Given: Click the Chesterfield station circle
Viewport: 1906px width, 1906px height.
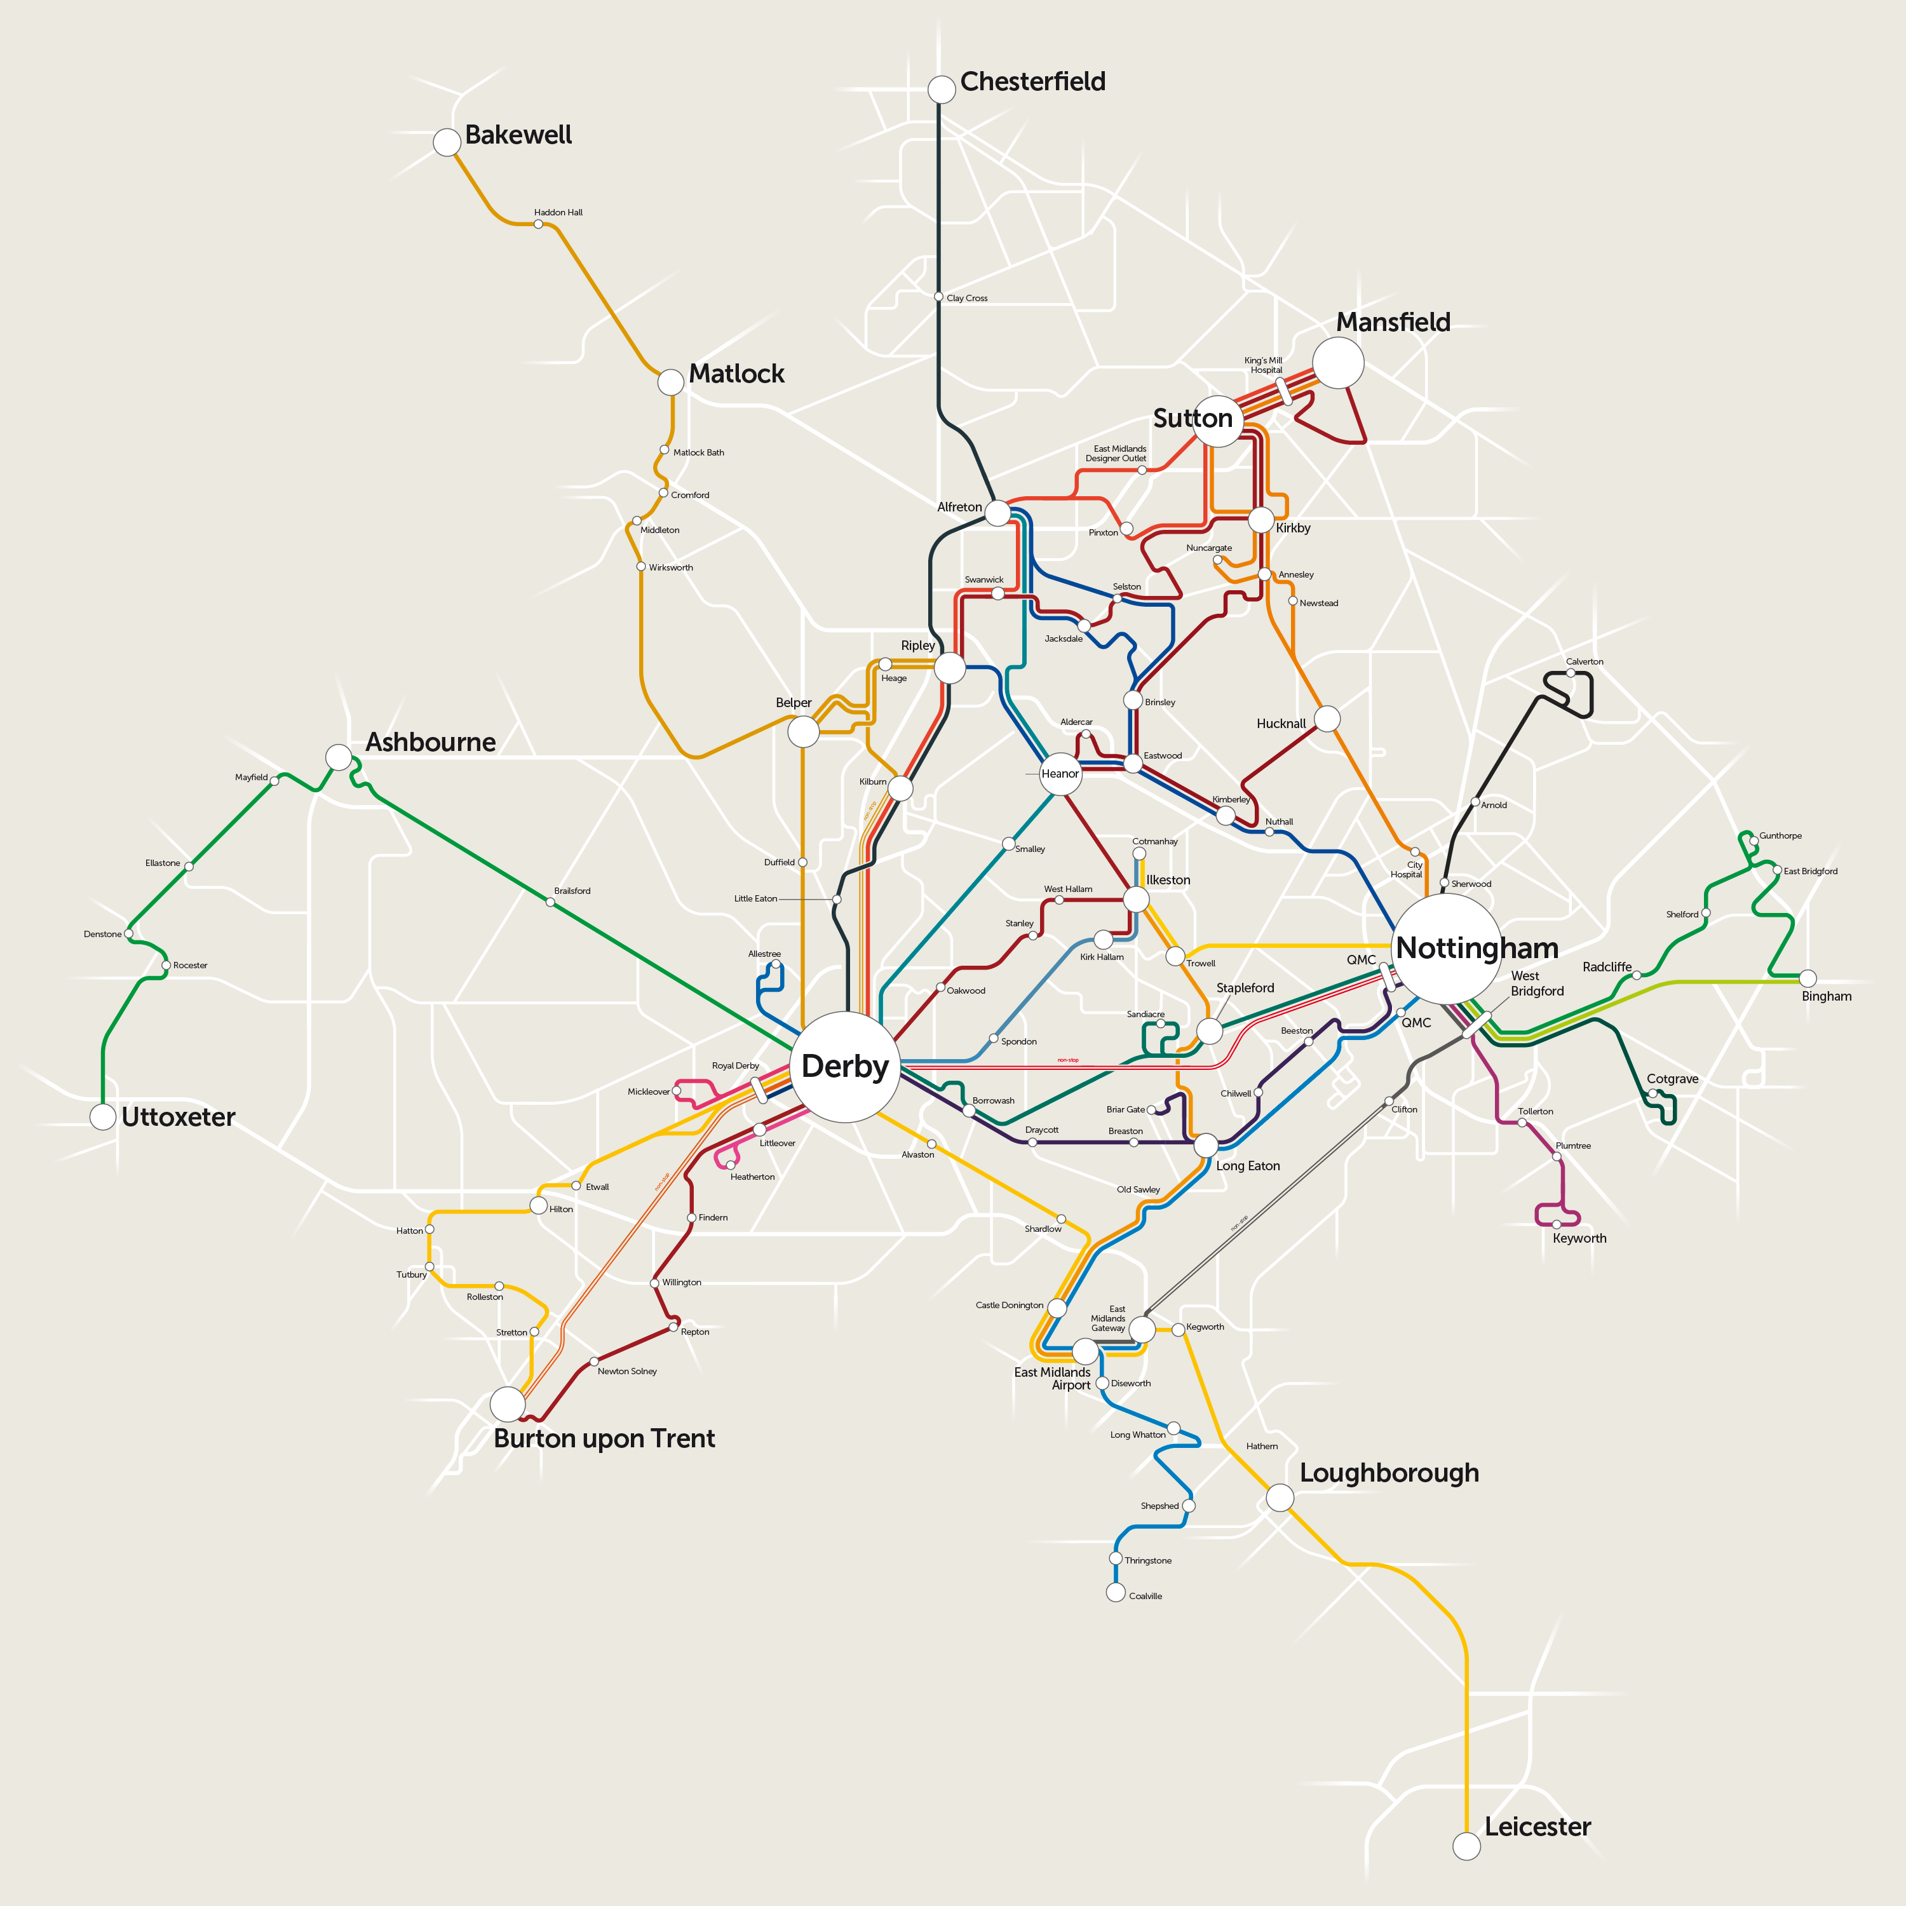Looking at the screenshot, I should click(941, 90).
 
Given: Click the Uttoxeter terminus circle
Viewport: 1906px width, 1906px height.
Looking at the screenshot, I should click(102, 1117).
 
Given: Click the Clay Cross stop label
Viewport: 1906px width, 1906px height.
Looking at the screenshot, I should click(967, 298).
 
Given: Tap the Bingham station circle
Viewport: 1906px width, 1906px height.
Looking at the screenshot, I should click(1808, 978).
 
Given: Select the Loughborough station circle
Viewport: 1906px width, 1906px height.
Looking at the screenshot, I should click(1280, 1497).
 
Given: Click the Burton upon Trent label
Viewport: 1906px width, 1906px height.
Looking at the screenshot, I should click(604, 1438).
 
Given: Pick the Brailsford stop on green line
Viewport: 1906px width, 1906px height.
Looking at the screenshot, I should click(550, 902).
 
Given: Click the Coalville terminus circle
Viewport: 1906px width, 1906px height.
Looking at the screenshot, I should click(1116, 1592).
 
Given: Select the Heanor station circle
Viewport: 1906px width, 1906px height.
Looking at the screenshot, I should click(1060, 773).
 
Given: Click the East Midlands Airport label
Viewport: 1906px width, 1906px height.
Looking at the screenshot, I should click(1053, 1378).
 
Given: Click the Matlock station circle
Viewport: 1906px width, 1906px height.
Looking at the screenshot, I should click(671, 382).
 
